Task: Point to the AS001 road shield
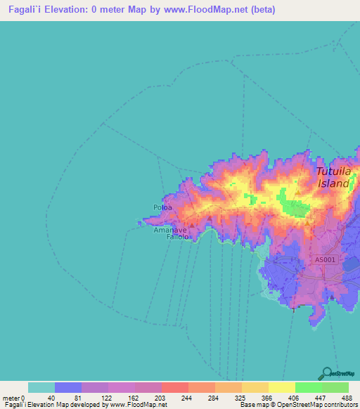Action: tap(325, 259)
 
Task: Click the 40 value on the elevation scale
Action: tap(51, 397)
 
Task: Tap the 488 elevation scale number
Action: tap(346, 397)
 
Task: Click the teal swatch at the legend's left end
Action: tap(41, 387)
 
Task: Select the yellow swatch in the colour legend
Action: tap(281, 387)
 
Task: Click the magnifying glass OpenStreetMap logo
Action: tap(325, 373)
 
